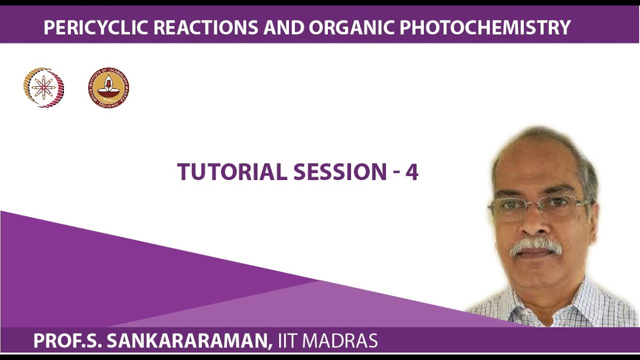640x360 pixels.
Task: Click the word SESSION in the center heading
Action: point(340,172)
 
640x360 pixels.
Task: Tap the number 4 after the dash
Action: point(411,172)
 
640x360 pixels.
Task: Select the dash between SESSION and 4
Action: point(396,173)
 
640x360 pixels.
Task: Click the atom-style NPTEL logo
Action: point(44,88)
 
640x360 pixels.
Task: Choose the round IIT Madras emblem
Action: point(108,88)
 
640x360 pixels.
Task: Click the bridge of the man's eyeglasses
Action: point(533,204)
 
